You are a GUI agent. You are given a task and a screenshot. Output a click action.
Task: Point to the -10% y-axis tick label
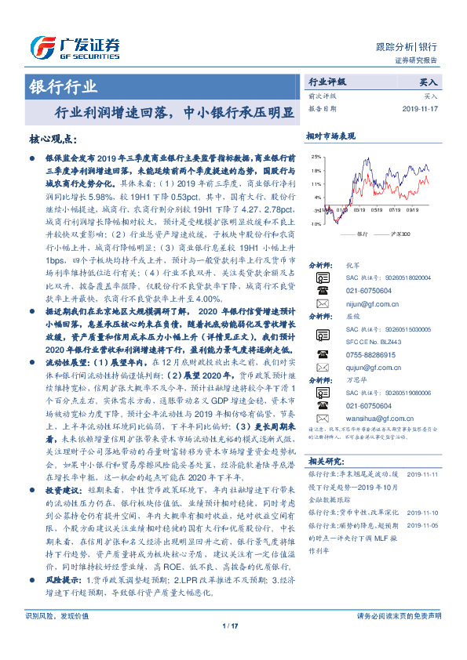click(314, 224)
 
